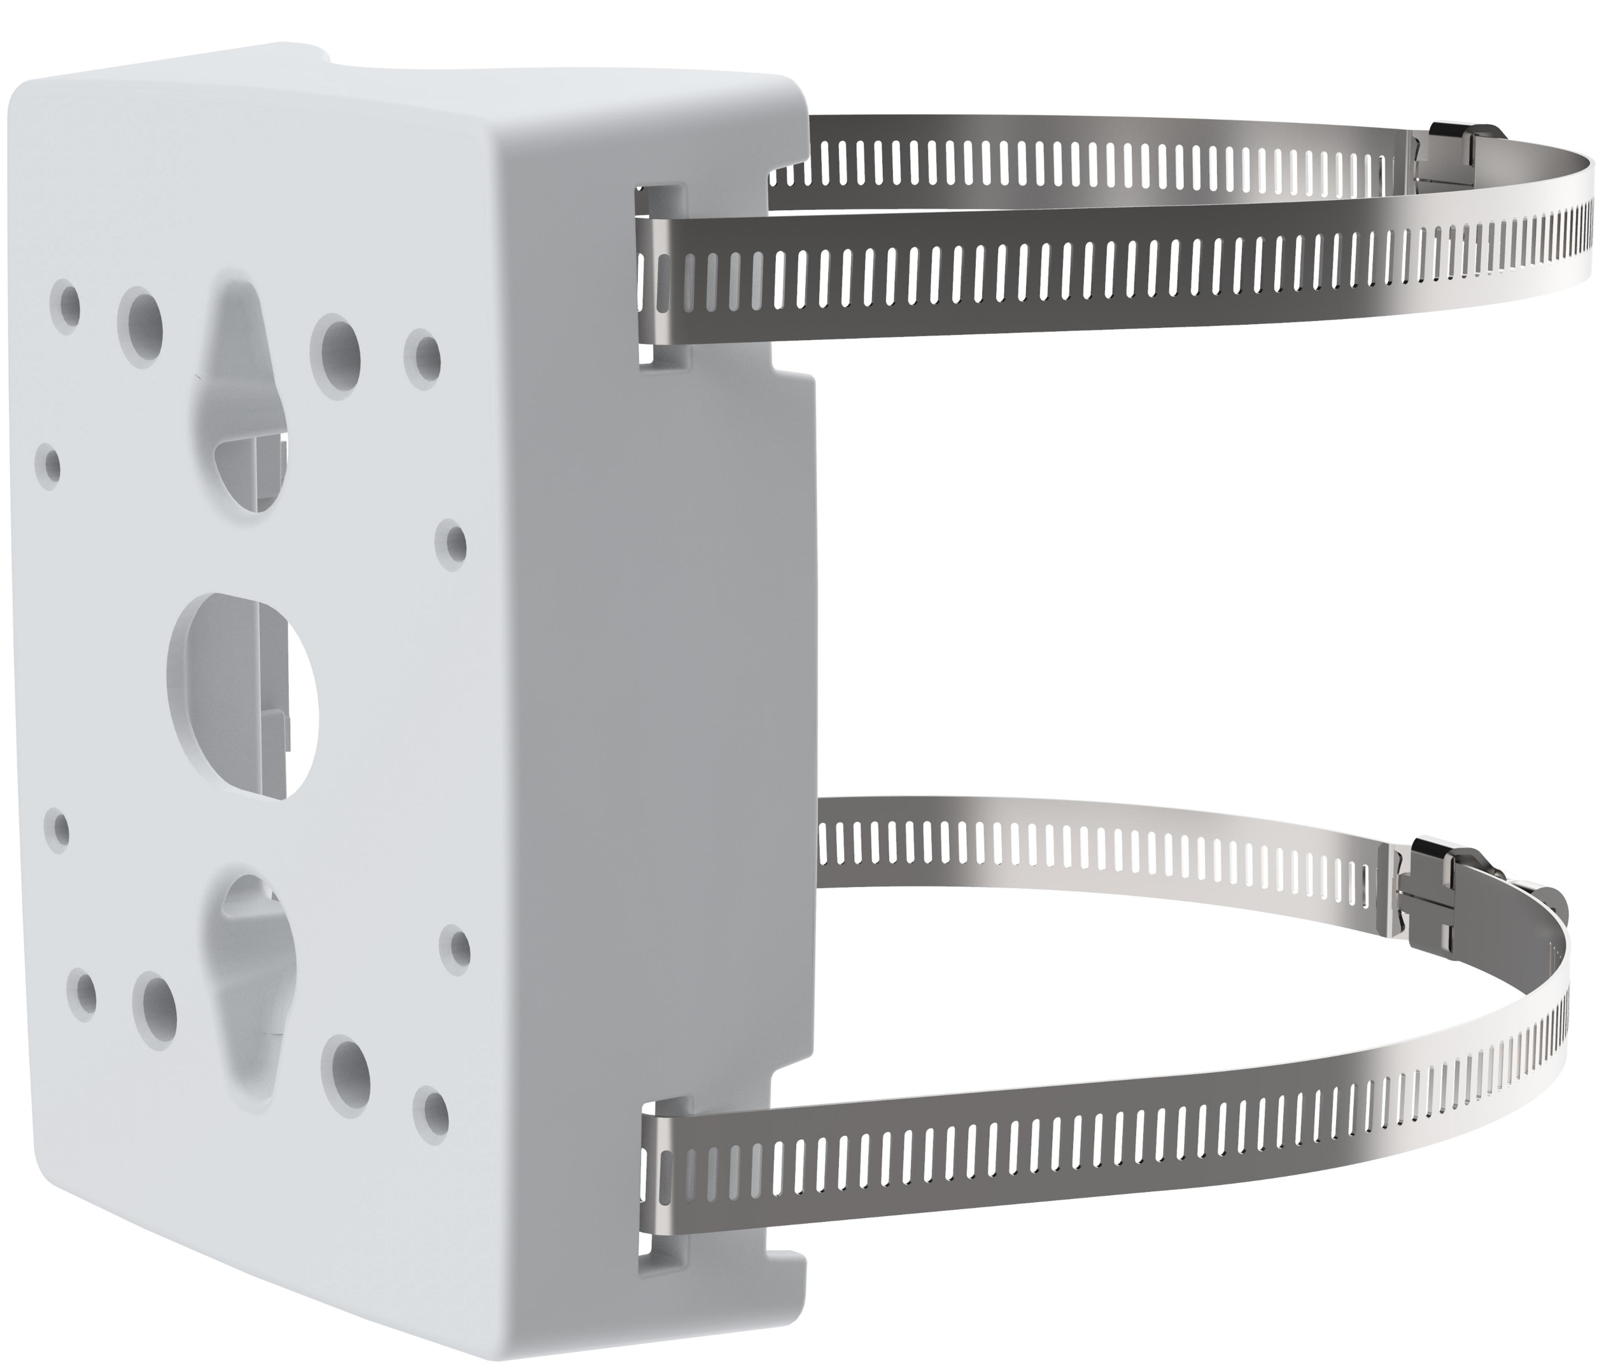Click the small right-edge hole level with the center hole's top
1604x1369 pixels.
(451, 542)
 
